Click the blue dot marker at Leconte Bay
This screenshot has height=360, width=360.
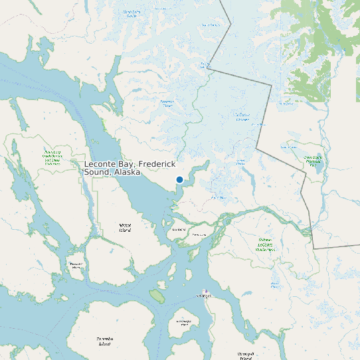coord(179,179)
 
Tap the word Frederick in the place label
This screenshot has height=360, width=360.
coord(156,163)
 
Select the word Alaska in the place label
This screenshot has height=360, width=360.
coord(127,172)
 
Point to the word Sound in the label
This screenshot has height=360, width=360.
coord(96,172)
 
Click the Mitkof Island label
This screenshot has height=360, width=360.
coord(125,228)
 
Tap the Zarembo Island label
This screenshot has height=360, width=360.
coord(105,341)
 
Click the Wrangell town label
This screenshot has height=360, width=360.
coord(203,296)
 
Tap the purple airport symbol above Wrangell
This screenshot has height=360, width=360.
coord(206,292)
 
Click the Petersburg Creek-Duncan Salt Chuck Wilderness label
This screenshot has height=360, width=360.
coord(52,156)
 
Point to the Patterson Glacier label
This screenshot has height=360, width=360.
coord(167,104)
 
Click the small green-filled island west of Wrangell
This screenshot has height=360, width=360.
coord(157,294)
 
